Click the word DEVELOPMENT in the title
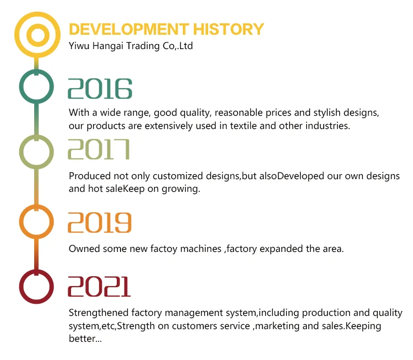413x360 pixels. [129, 29]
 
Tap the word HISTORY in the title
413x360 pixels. [229, 29]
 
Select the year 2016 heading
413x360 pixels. [100, 89]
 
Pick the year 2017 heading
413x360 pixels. [99, 149]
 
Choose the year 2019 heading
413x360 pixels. [100, 223]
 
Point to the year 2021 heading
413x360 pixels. [99, 287]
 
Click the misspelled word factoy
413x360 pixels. [164, 249]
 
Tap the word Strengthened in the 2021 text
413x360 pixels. [99, 313]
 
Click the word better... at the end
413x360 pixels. [85, 338]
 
